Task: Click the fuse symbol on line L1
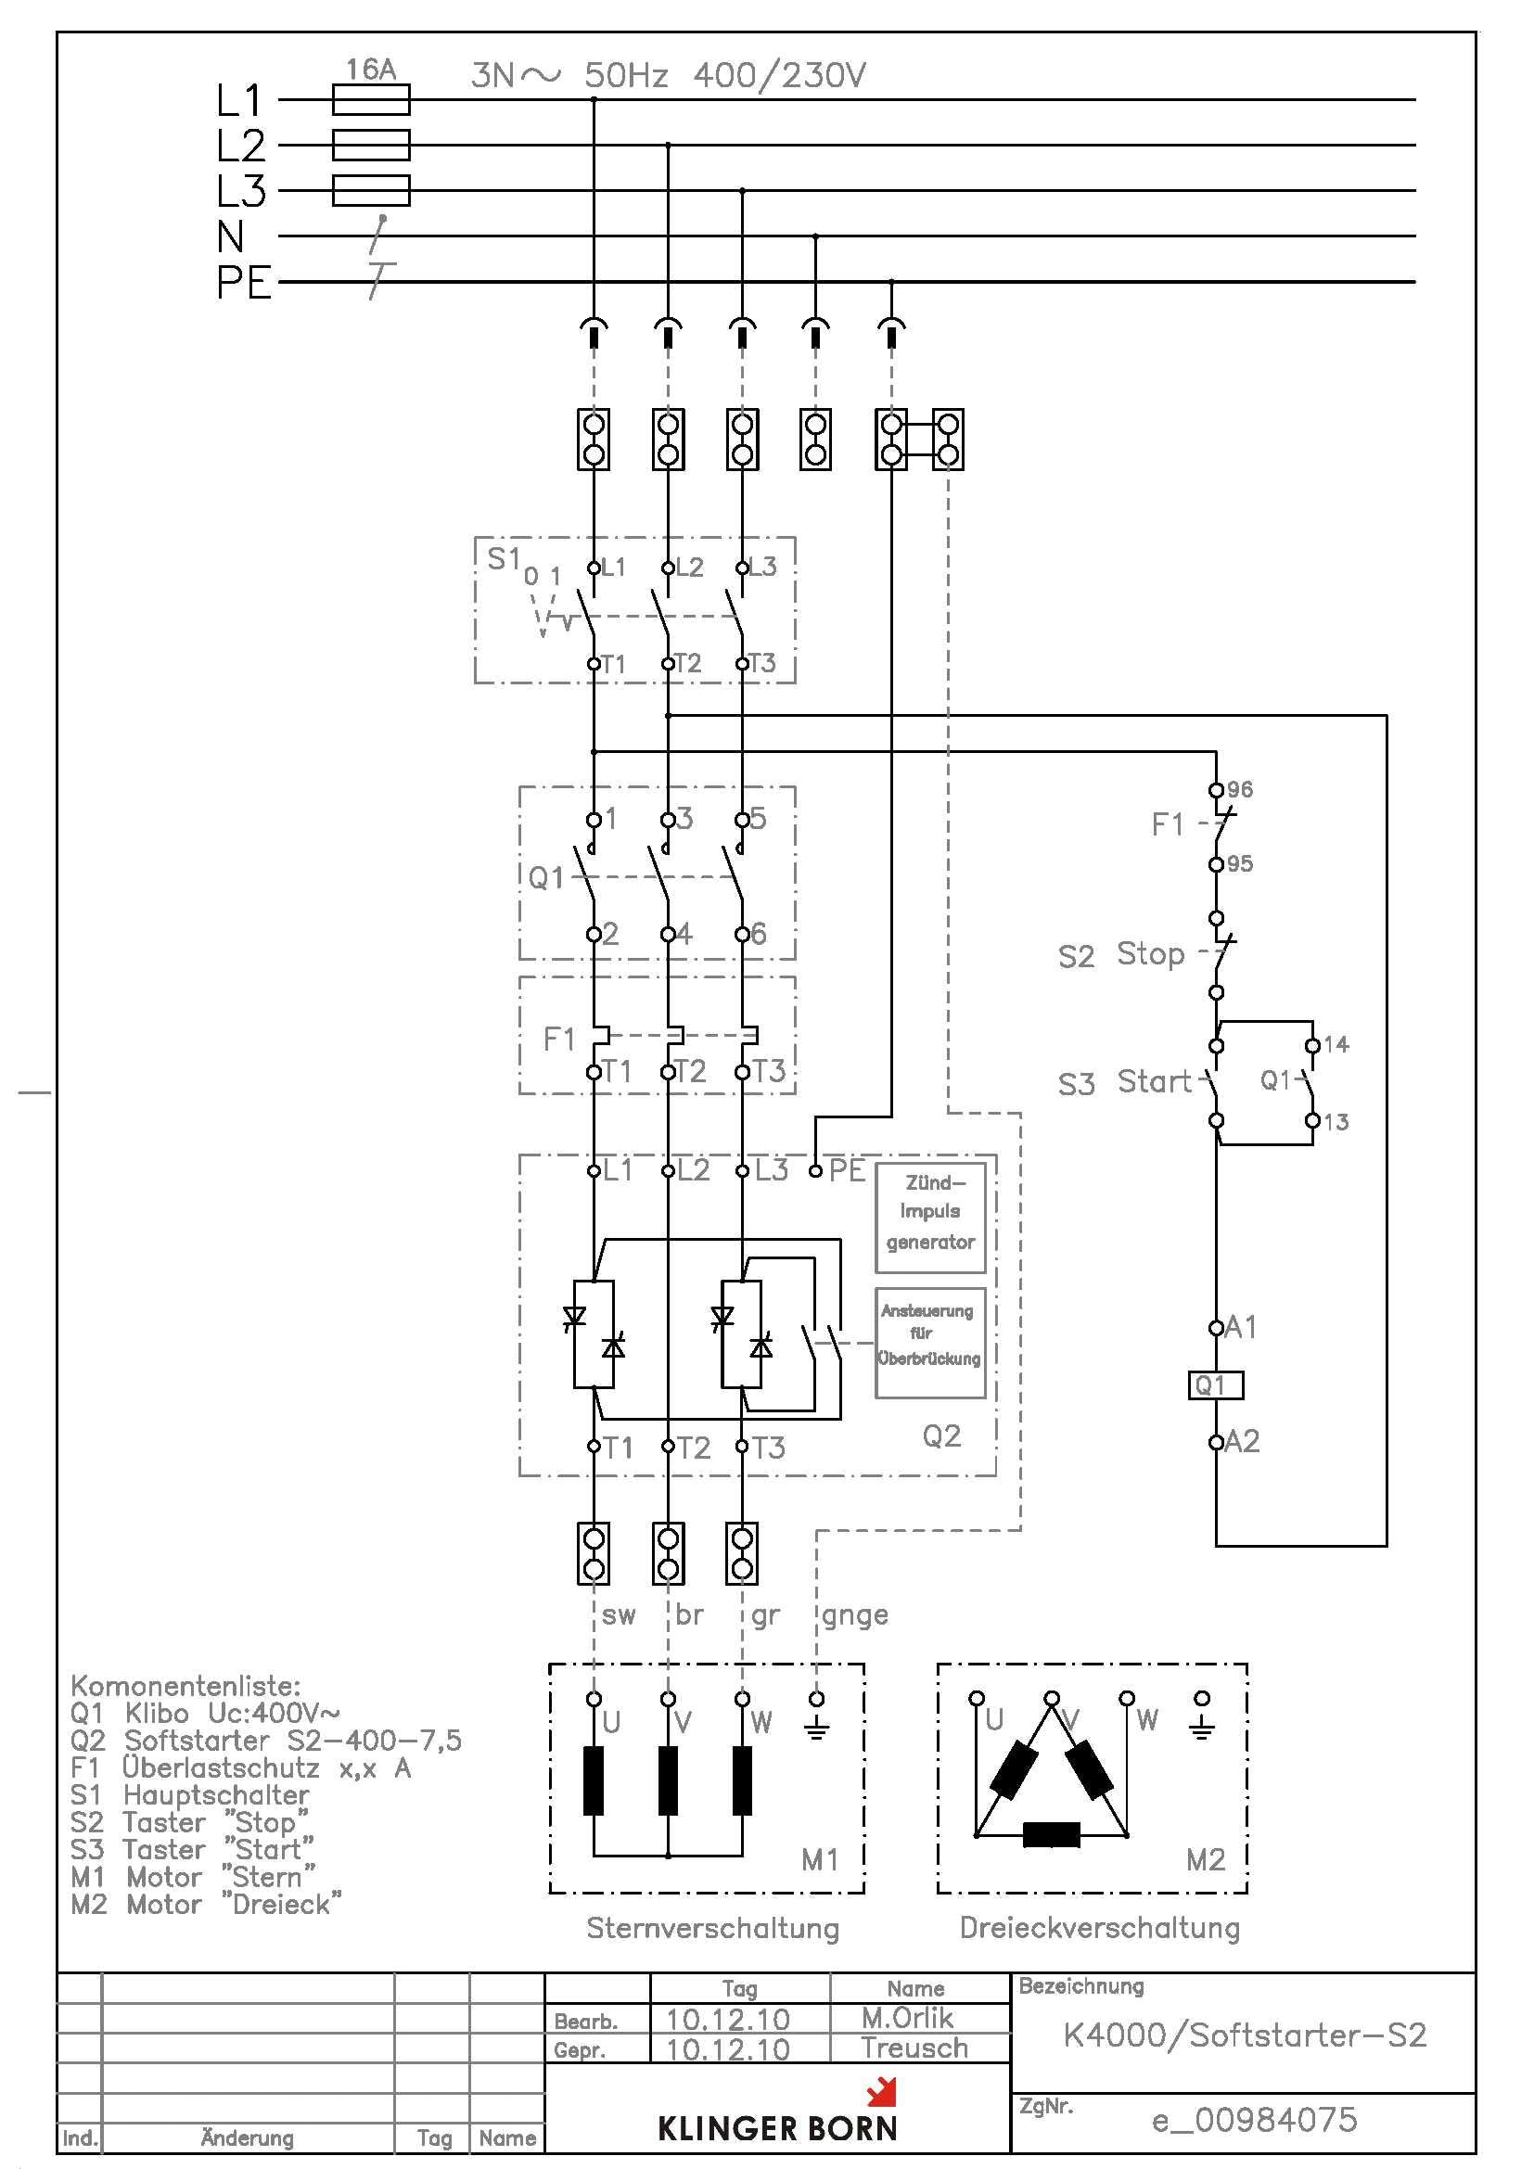[x=370, y=99]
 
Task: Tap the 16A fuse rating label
[x=370, y=69]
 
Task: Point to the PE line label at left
[x=243, y=283]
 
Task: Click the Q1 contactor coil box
[x=1216, y=1384]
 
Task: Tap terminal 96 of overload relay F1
[x=1217, y=790]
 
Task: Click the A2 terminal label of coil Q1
[x=1242, y=1442]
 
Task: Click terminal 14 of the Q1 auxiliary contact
[x=1313, y=1045]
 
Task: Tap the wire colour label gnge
[x=855, y=1615]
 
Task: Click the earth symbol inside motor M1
[x=817, y=1728]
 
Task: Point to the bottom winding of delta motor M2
[x=1052, y=1834]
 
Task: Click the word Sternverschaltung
[x=712, y=1928]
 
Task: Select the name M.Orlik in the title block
[x=907, y=2018]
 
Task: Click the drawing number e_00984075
[x=1255, y=2120]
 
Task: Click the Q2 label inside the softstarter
[x=940, y=1435]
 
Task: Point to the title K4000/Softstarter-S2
[x=1244, y=2035]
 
